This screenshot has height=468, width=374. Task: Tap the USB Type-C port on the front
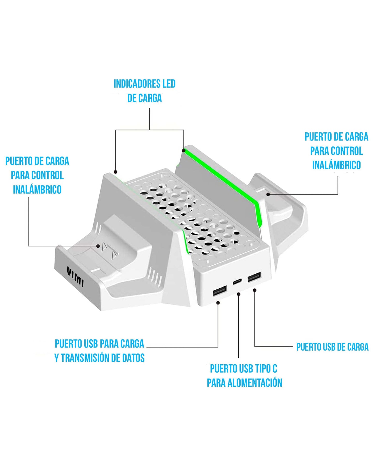237,281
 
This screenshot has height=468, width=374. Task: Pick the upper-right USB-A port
254,278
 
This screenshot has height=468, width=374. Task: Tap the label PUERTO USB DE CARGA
332,347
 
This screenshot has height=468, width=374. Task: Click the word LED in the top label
169,84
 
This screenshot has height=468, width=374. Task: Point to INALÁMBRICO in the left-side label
37,189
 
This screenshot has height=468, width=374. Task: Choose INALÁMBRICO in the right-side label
336,165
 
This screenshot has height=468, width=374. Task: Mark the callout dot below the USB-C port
239,294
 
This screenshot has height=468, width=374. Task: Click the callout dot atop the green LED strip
184,150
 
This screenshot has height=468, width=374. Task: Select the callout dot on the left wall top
116,172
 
